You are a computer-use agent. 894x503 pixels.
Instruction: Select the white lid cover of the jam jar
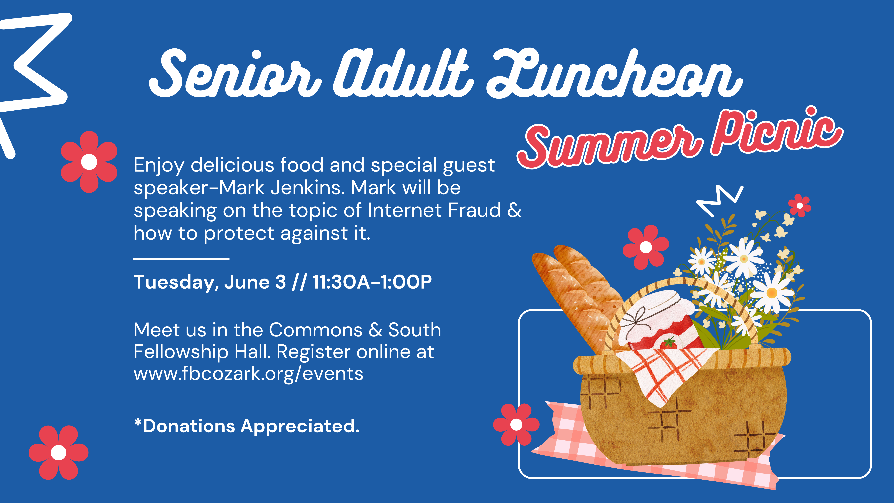(x=656, y=318)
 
